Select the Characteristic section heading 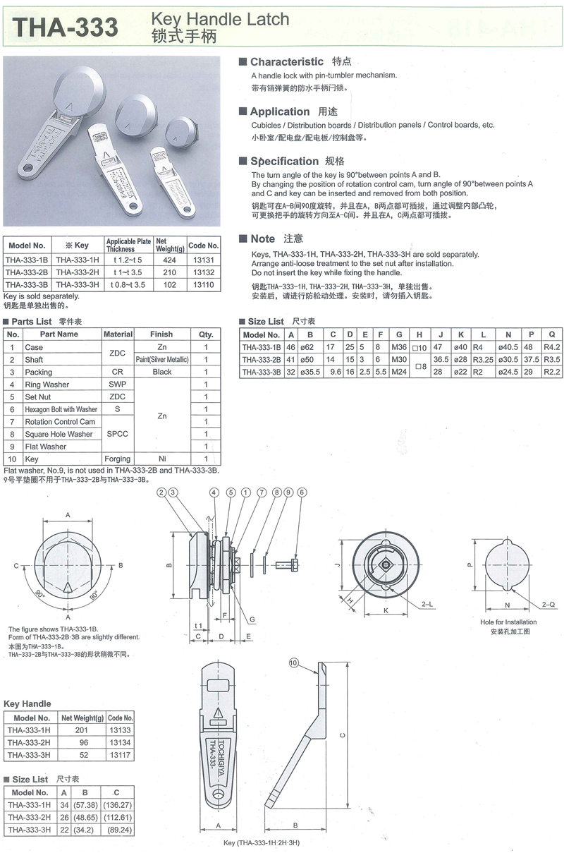point(286,62)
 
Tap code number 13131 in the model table point(204,260)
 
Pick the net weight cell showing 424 point(168,260)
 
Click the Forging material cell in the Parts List point(118,459)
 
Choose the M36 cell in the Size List point(399,347)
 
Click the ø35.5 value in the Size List point(309,372)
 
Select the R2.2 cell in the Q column point(551,372)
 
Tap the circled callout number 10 point(295,662)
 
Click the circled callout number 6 point(302,492)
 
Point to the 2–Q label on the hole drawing point(548,605)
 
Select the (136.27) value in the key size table point(116,805)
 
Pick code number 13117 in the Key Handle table point(121,755)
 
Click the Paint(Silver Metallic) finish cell point(161,360)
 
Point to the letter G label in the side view point(250,619)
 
